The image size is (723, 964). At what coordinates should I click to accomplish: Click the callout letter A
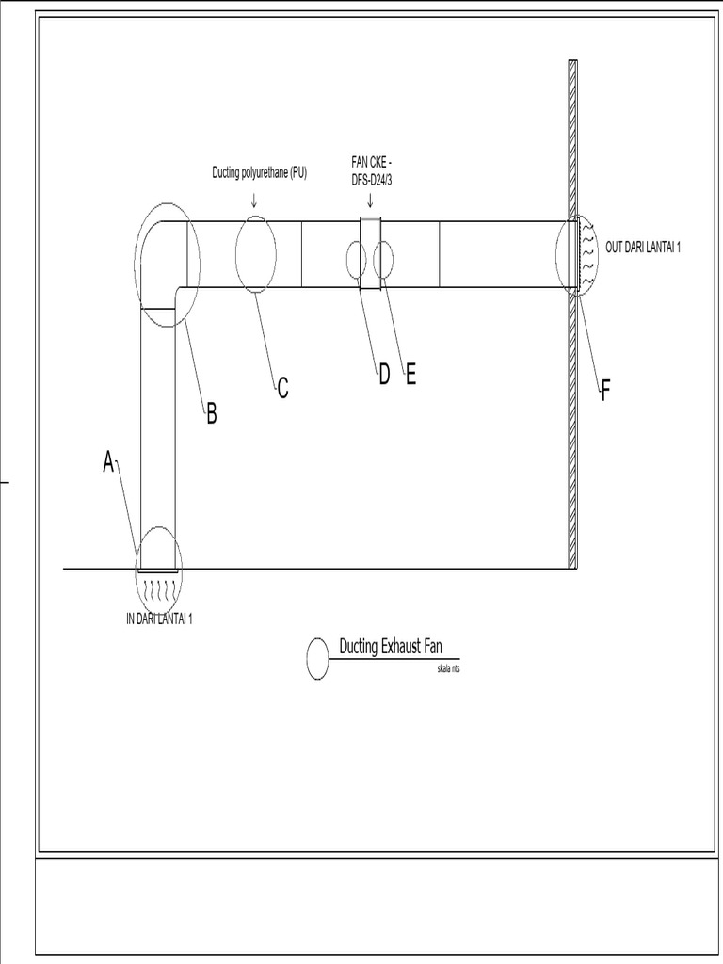tap(108, 461)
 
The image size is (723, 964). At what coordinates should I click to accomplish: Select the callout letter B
tap(212, 413)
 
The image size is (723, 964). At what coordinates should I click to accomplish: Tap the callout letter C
tap(282, 387)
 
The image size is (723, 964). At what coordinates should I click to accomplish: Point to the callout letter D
tap(384, 375)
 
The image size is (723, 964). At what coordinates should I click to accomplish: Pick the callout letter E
tap(410, 375)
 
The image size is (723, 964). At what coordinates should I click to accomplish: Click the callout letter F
tap(606, 391)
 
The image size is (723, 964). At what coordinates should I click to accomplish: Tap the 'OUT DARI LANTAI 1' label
tap(642, 248)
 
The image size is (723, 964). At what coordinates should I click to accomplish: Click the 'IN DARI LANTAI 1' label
tap(159, 619)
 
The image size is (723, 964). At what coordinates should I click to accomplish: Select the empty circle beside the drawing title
tap(318, 658)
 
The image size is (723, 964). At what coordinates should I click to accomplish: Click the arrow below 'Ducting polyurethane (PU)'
tap(255, 199)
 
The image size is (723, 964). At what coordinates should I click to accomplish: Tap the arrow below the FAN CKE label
tap(370, 200)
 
